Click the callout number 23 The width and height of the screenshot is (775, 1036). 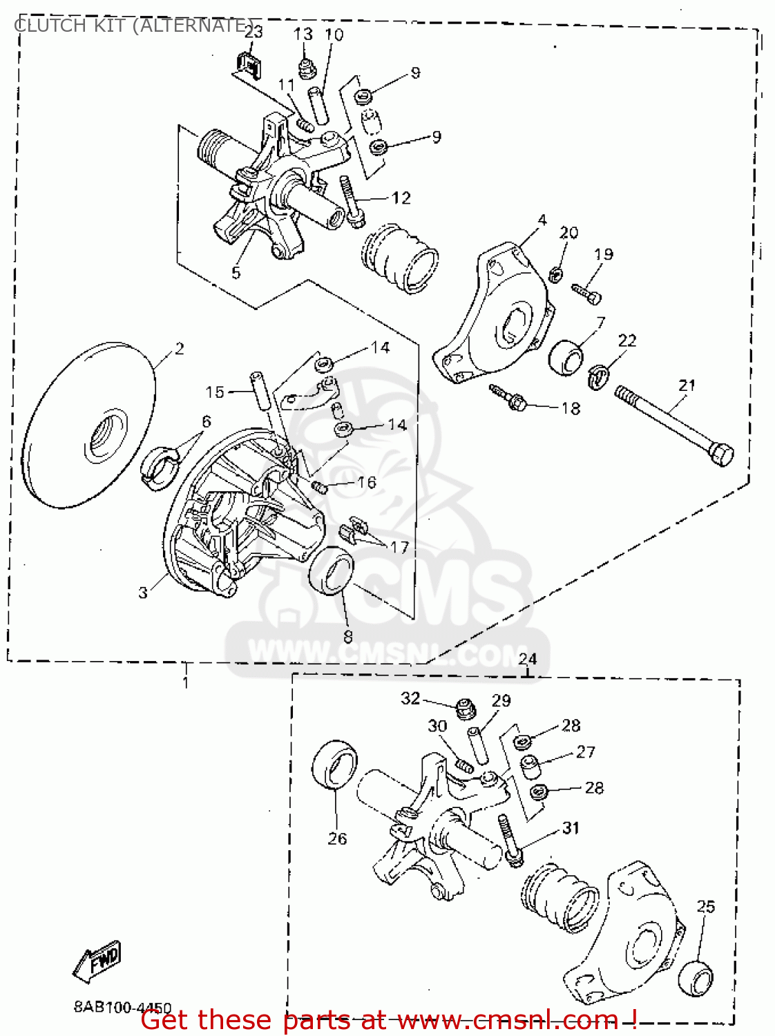[x=254, y=31]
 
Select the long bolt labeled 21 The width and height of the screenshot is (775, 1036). [x=673, y=425]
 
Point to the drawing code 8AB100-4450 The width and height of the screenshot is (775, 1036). [x=122, y=1008]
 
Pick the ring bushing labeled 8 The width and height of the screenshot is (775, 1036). [x=331, y=569]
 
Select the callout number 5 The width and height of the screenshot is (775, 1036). [x=236, y=273]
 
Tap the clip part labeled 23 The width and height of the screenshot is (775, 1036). [x=249, y=64]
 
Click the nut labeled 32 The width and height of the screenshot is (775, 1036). [x=466, y=707]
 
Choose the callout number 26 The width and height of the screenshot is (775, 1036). [x=337, y=838]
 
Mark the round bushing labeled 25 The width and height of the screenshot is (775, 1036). [x=695, y=978]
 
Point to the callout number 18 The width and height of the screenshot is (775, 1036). [x=571, y=408]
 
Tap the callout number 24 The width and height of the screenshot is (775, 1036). [x=527, y=659]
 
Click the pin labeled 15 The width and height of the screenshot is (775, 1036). [x=260, y=391]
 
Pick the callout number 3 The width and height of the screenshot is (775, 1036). [x=143, y=592]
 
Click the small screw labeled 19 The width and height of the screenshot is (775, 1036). [x=587, y=293]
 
